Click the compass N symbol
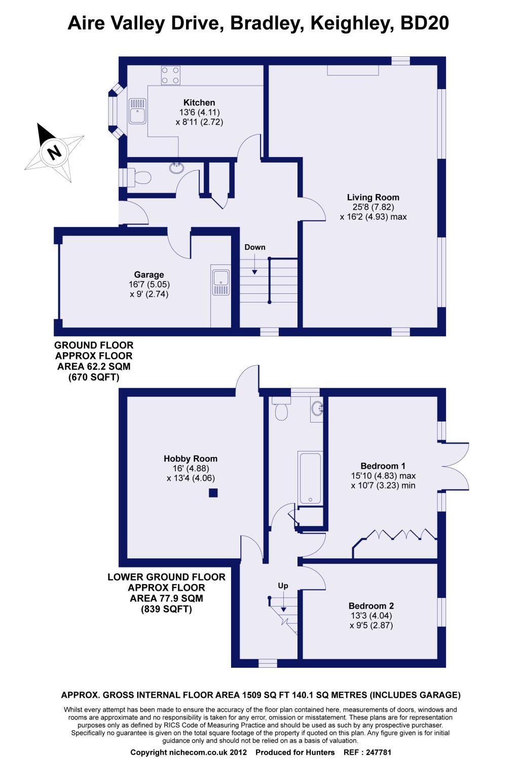54,151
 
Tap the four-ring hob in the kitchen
170,75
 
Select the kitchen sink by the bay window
137,111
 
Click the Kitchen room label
199,102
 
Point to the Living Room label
373,198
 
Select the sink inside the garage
220,283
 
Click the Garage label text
149,275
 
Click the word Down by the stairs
255,247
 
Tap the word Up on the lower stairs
283,586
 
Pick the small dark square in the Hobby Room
213,492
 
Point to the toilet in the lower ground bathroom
281,409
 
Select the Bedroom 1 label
383,466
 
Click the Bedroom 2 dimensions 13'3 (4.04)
371,616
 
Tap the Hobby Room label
191,459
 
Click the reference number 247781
379,752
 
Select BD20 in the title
425,23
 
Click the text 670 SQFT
94,377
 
